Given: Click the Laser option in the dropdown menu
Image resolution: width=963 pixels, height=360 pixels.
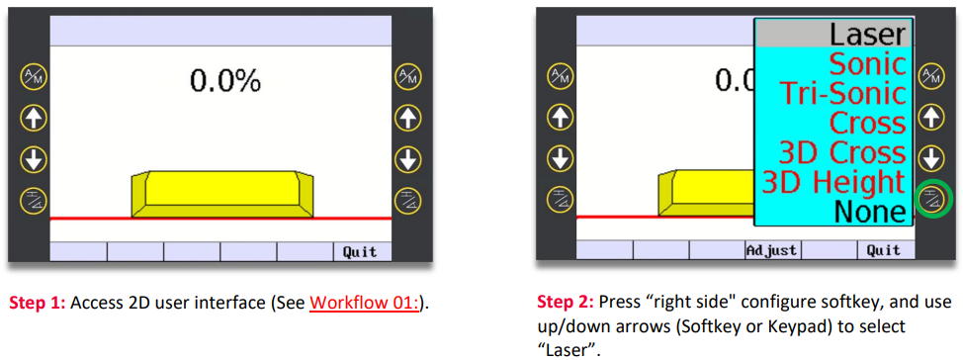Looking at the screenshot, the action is pos(868,35).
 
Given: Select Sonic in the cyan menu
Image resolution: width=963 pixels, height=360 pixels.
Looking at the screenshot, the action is pos(868,63).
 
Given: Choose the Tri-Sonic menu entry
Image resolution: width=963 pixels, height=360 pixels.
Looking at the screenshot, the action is pos(843,93).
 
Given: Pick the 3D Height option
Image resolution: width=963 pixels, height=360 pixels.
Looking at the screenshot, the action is pos(834,182).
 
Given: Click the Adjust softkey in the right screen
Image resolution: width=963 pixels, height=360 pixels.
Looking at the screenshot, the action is pos(772,250).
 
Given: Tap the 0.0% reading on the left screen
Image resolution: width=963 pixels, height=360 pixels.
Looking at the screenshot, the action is pos(224,80).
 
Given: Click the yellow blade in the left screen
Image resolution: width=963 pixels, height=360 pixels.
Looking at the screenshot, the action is pos(222,194).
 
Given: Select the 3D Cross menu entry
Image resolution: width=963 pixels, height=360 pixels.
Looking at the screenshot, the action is pos(843,152).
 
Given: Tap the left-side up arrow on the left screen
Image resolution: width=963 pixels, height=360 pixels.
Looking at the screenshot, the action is pos(32,118).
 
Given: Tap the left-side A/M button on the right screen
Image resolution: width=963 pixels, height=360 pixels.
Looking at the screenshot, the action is pos(558,76).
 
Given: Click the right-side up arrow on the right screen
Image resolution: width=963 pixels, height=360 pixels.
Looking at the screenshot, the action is pos(930,118).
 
